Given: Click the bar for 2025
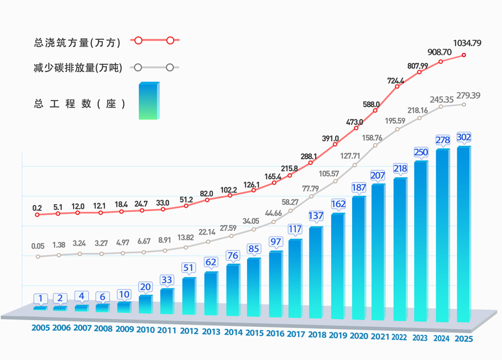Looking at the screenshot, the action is (464, 234).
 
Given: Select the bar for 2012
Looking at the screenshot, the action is (189, 296).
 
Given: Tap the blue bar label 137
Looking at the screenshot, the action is (316, 216).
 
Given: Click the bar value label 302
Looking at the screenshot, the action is (464, 137).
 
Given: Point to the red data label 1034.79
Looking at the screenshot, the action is (467, 43).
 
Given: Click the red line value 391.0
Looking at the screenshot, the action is (331, 138).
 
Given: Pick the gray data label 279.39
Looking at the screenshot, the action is (468, 96).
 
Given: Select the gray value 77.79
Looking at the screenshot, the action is (311, 189).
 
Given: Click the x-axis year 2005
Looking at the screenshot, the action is (41, 328).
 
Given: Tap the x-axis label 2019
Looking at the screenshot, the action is (338, 335).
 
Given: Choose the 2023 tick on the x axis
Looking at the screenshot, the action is (420, 338).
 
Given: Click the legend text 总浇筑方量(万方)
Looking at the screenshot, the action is (77, 43).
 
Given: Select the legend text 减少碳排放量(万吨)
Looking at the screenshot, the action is (78, 67).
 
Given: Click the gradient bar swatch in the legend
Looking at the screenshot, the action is (149, 101).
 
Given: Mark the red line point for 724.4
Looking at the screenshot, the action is (397, 86).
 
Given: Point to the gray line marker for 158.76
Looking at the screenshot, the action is (375, 145).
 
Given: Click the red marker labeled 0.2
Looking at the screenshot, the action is (37, 215).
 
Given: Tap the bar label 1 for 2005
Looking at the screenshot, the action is (40, 299).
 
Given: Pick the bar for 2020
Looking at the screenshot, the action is (359, 258).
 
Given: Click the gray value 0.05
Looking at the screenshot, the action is (38, 246).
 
